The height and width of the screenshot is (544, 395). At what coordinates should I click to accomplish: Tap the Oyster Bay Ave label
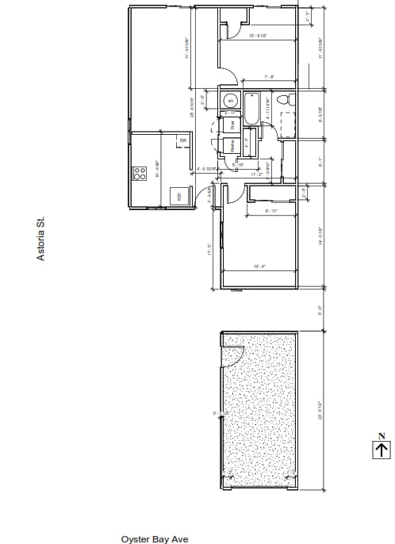point(154,538)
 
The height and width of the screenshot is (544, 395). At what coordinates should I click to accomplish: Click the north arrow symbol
point(382,450)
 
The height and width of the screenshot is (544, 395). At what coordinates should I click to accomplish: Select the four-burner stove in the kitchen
point(138,172)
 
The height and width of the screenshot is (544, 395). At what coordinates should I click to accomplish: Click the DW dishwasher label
point(182,140)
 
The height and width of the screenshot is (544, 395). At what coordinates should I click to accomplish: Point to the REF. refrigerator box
point(179,196)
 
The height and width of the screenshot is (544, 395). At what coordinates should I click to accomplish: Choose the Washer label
point(232,145)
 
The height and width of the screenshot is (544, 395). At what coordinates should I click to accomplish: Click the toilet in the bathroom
point(290,101)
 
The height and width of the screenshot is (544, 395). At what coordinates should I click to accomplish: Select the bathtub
point(252,109)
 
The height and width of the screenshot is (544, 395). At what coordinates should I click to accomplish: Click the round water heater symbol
point(229,101)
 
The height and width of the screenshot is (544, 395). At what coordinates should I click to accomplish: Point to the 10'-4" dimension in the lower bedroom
point(259,266)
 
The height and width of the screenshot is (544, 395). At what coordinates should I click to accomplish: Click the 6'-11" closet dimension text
point(270,211)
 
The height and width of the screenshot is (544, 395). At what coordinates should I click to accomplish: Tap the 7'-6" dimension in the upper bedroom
point(269,77)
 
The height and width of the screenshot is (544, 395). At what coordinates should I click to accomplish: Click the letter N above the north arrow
point(382,435)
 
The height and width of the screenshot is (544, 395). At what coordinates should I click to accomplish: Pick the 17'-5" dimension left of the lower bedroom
point(209,250)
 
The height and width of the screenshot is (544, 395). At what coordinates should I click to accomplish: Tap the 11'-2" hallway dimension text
point(256,174)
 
